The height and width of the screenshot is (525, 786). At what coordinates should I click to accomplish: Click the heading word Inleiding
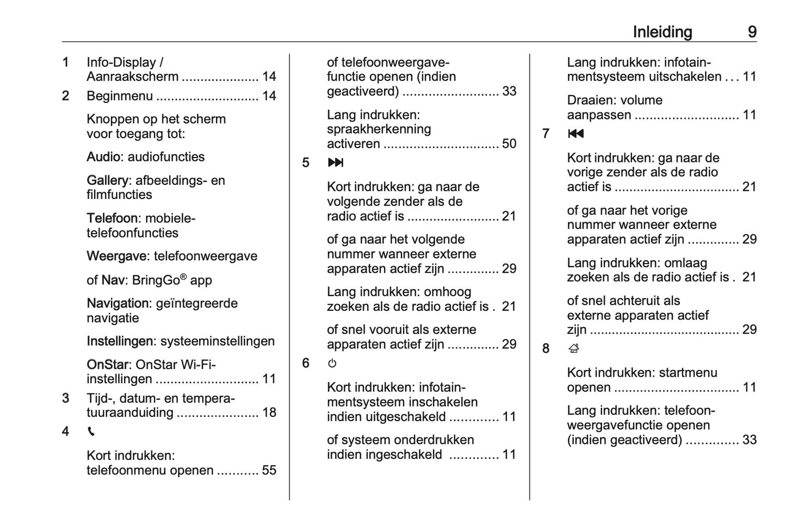point(662,32)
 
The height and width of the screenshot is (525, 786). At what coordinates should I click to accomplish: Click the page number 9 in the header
point(752,32)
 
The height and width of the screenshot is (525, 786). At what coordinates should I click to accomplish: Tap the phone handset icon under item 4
point(91,432)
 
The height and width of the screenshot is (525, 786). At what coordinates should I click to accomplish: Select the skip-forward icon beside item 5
point(336,162)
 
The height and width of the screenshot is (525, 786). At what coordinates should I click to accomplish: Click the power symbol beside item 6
point(332,363)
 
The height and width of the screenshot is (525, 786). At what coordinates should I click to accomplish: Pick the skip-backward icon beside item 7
point(575,134)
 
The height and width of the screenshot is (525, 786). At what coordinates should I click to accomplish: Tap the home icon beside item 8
point(574,348)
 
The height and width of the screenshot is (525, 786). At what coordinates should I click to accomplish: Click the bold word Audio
point(103,157)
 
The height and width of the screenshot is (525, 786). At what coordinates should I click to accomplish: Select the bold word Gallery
point(108,181)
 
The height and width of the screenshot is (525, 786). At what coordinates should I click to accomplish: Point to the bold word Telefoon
point(112,218)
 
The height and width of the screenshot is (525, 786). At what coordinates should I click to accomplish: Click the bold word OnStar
point(107,365)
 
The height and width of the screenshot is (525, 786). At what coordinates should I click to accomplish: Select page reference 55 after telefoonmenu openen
point(269,471)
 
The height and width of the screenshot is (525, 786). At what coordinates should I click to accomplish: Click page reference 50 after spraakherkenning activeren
point(509,144)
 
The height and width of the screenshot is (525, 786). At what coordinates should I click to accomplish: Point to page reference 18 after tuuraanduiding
point(269,413)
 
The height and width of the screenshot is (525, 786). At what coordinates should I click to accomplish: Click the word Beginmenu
point(120,96)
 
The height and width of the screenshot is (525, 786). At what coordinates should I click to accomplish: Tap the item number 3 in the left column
point(66,398)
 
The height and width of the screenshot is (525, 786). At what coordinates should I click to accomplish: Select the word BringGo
point(156,280)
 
